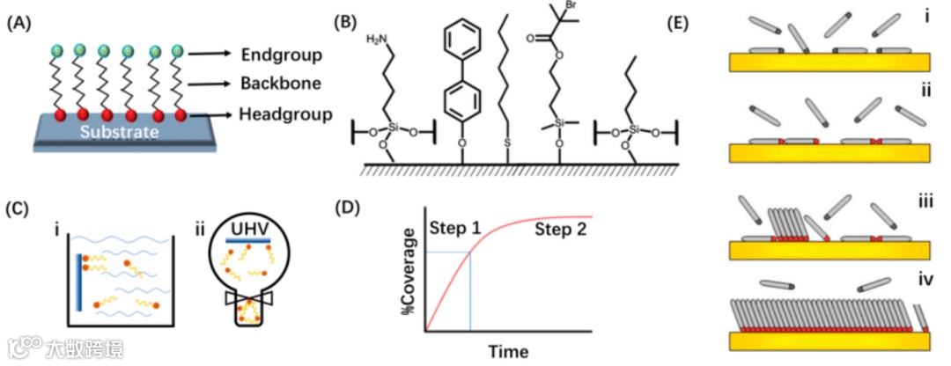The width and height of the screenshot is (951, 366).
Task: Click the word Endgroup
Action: pyautogui.click(x=282, y=55)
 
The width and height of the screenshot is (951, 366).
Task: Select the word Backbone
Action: pyautogui.click(x=280, y=84)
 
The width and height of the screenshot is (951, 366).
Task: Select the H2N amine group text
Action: pyautogui.click(x=377, y=40)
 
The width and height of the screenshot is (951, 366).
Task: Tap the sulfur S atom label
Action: pyautogui.click(x=509, y=141)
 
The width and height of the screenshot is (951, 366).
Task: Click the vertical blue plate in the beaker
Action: pyautogui.click(x=78, y=281)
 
